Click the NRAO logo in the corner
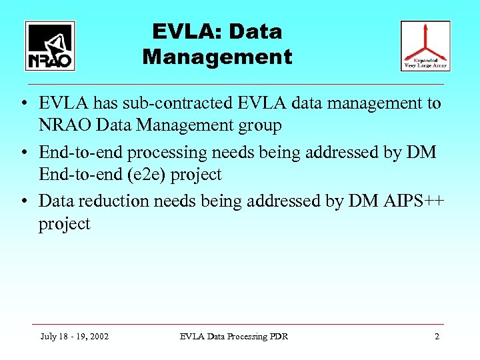50,46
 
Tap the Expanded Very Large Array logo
425,46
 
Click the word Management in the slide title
217,57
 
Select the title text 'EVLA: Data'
217,31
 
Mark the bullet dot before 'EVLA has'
23,104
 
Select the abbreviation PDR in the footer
278,337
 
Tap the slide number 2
437,337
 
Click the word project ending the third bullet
64,224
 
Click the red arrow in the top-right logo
425,40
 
